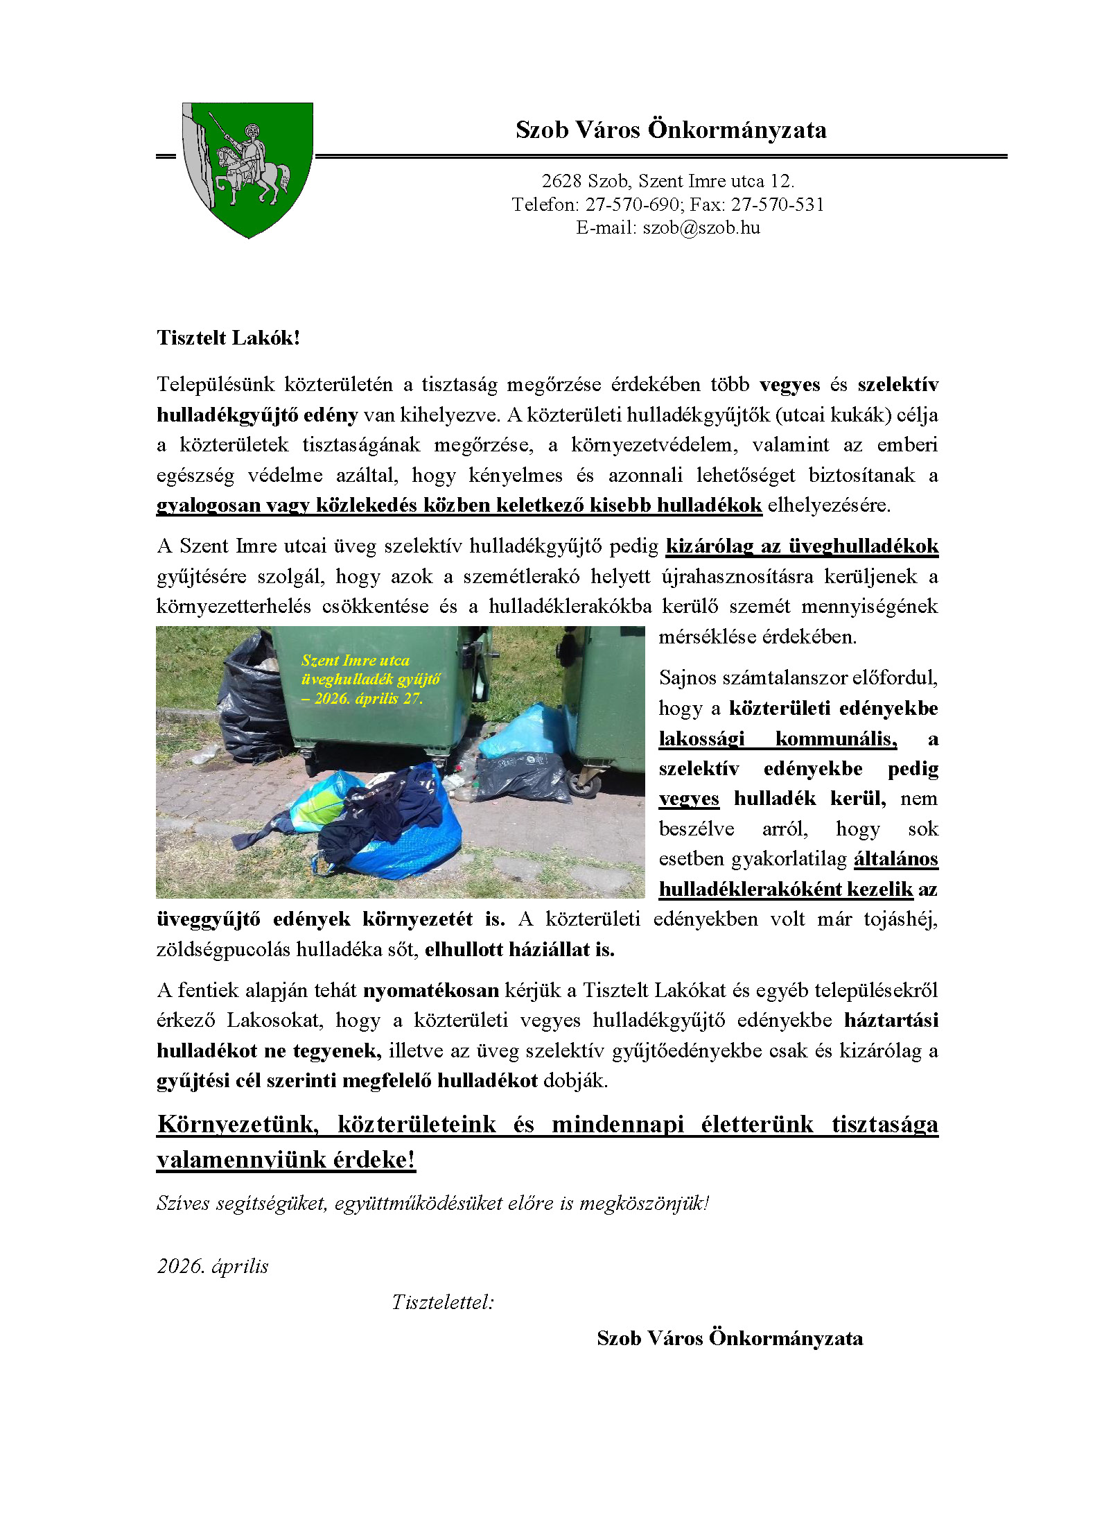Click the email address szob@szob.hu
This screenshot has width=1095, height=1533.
[x=701, y=228]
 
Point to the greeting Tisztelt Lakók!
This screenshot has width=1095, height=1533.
[x=228, y=338]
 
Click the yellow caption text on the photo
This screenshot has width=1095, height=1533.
[x=370, y=679]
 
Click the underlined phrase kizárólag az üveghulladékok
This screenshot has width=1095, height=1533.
[x=802, y=546]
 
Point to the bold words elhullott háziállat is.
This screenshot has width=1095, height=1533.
[x=520, y=949]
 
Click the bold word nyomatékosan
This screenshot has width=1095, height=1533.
[x=431, y=990]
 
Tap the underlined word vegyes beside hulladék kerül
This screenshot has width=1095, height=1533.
[x=688, y=799]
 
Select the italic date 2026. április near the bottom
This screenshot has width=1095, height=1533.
[x=213, y=1266]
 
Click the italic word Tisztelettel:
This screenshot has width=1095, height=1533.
[x=443, y=1302]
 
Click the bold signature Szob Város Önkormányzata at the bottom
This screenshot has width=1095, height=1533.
[x=730, y=1338]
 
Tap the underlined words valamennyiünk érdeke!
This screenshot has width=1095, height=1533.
[x=286, y=1159]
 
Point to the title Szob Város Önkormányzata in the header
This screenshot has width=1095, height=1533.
[x=671, y=130]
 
